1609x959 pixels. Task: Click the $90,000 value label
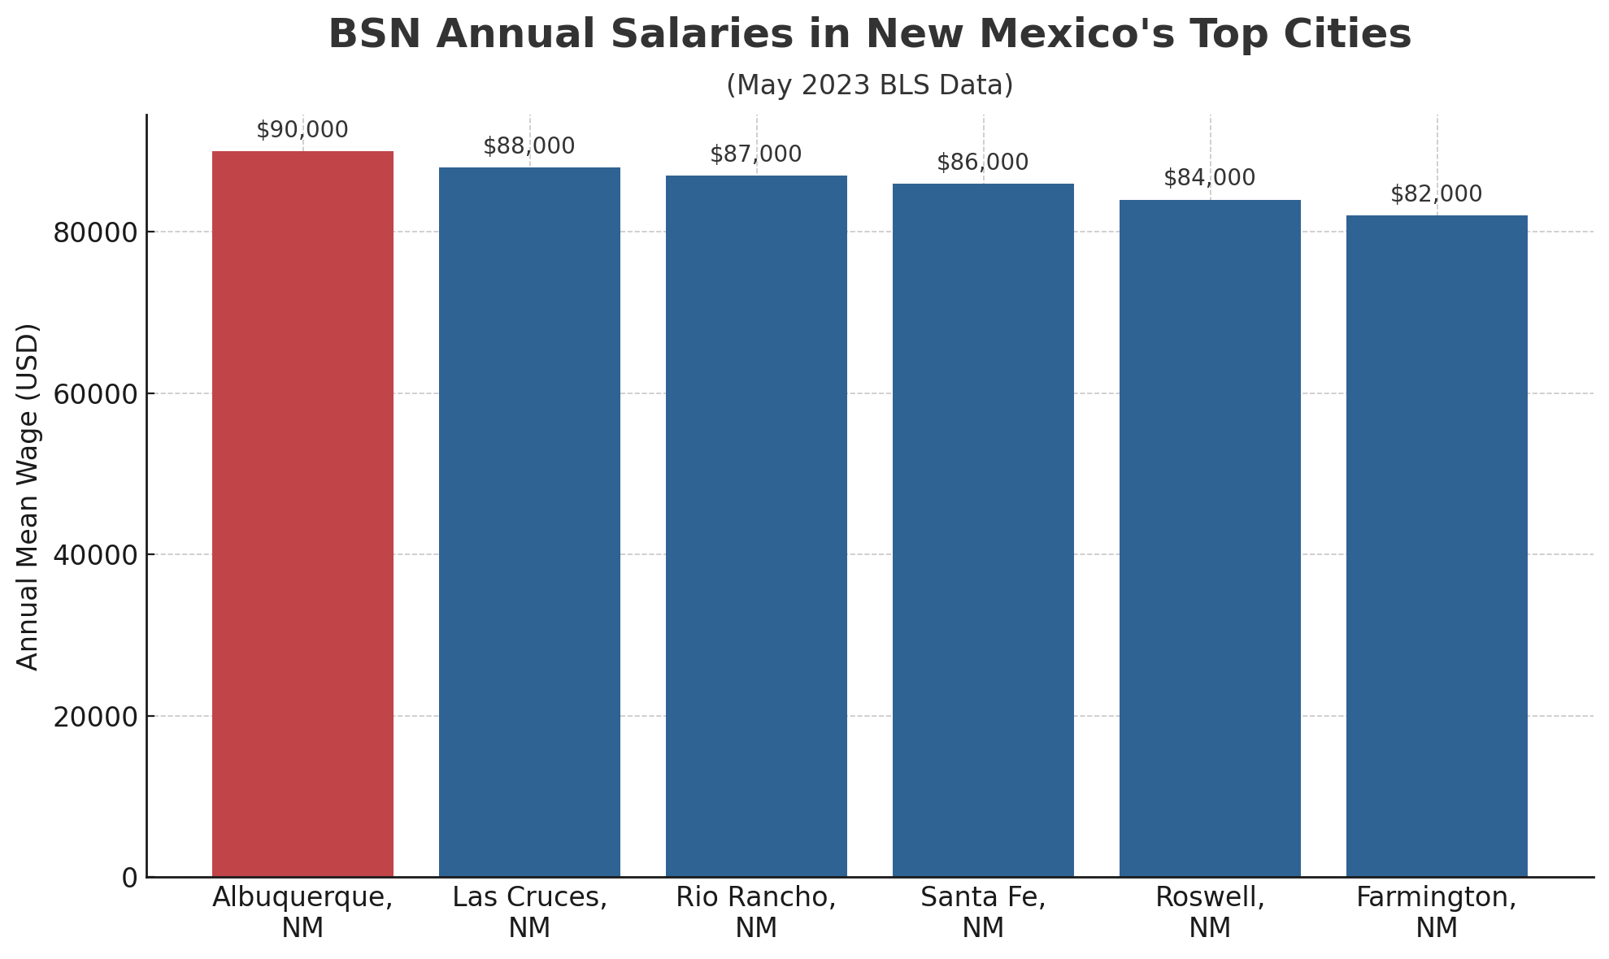click(x=302, y=130)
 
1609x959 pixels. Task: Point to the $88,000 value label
click(x=529, y=146)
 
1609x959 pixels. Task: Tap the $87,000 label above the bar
click(x=756, y=154)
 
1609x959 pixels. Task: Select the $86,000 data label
click(x=983, y=163)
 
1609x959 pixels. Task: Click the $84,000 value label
click(x=1210, y=178)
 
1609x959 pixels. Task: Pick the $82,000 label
click(x=1437, y=194)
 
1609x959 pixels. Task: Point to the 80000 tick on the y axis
click(x=95, y=233)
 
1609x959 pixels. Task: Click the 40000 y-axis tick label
click(x=95, y=556)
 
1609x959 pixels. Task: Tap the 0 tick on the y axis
click(x=129, y=879)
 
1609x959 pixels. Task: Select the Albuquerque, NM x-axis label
click(x=302, y=912)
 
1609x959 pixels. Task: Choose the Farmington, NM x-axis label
click(x=1437, y=912)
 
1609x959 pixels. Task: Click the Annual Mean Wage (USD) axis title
click(x=28, y=497)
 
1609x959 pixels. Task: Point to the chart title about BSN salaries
click(x=869, y=35)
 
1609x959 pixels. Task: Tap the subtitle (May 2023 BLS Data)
click(x=869, y=85)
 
